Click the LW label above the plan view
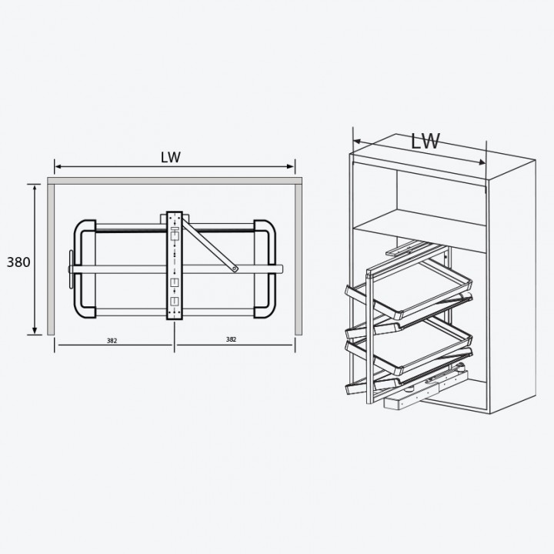(x=171, y=158)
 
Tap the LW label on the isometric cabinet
(x=426, y=141)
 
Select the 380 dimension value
(x=18, y=262)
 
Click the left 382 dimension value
(x=112, y=341)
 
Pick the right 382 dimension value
(x=231, y=339)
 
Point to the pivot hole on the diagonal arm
(x=234, y=269)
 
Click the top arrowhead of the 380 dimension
(x=35, y=188)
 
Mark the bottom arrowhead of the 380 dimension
(x=35, y=331)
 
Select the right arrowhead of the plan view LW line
(x=291, y=166)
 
